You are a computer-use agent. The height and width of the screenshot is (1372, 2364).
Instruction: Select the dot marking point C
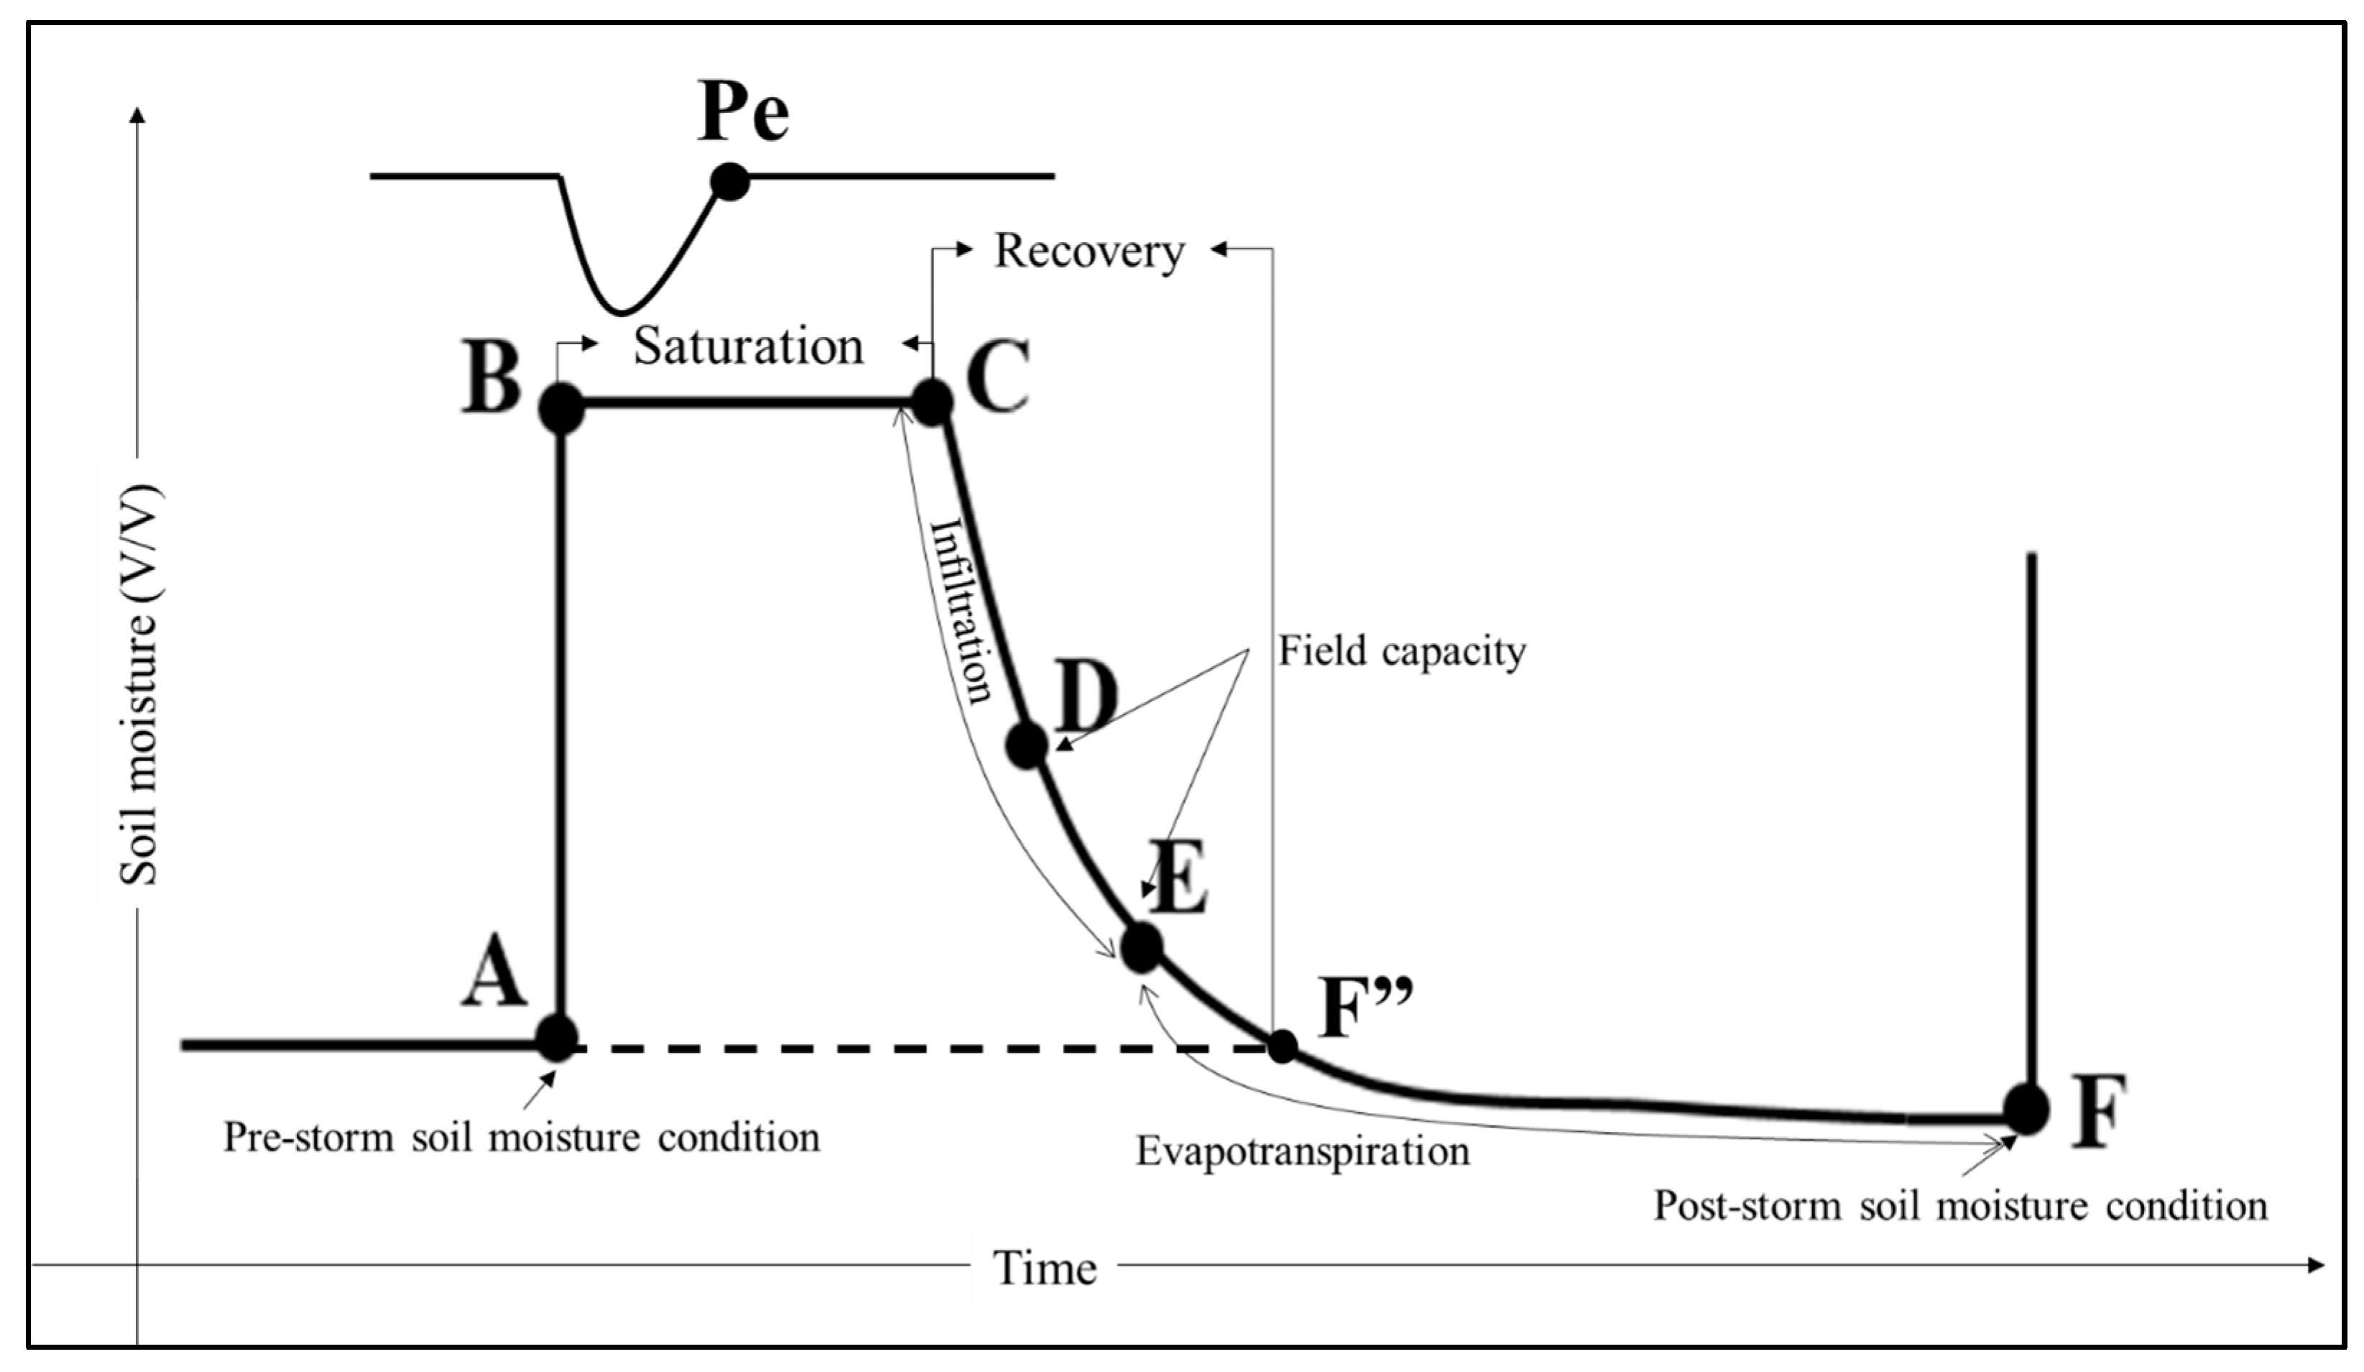(x=933, y=402)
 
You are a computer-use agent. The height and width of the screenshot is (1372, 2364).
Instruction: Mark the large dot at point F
(x=2026, y=1108)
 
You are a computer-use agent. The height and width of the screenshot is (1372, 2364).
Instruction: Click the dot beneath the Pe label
(x=730, y=181)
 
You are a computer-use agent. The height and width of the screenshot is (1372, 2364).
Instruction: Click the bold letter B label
(x=491, y=378)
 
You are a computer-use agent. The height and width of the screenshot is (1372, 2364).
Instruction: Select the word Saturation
(x=749, y=346)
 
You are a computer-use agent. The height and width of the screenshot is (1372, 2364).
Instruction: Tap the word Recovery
(x=1089, y=251)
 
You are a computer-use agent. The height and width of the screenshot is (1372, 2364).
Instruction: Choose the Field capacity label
(x=1401, y=650)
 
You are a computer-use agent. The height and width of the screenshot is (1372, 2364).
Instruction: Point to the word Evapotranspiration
(x=1302, y=1151)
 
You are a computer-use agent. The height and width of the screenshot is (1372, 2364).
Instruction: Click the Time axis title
(x=1044, y=1268)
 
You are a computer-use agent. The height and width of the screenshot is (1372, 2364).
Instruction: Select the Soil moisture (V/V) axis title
(x=139, y=685)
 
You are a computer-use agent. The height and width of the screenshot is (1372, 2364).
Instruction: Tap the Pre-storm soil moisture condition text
(x=521, y=1138)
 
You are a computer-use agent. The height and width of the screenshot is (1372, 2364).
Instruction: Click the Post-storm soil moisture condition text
(x=1959, y=1206)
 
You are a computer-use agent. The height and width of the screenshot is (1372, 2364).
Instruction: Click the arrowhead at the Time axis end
(x=2315, y=1265)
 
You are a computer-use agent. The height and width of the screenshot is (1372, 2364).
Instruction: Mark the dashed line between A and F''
(x=919, y=1046)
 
